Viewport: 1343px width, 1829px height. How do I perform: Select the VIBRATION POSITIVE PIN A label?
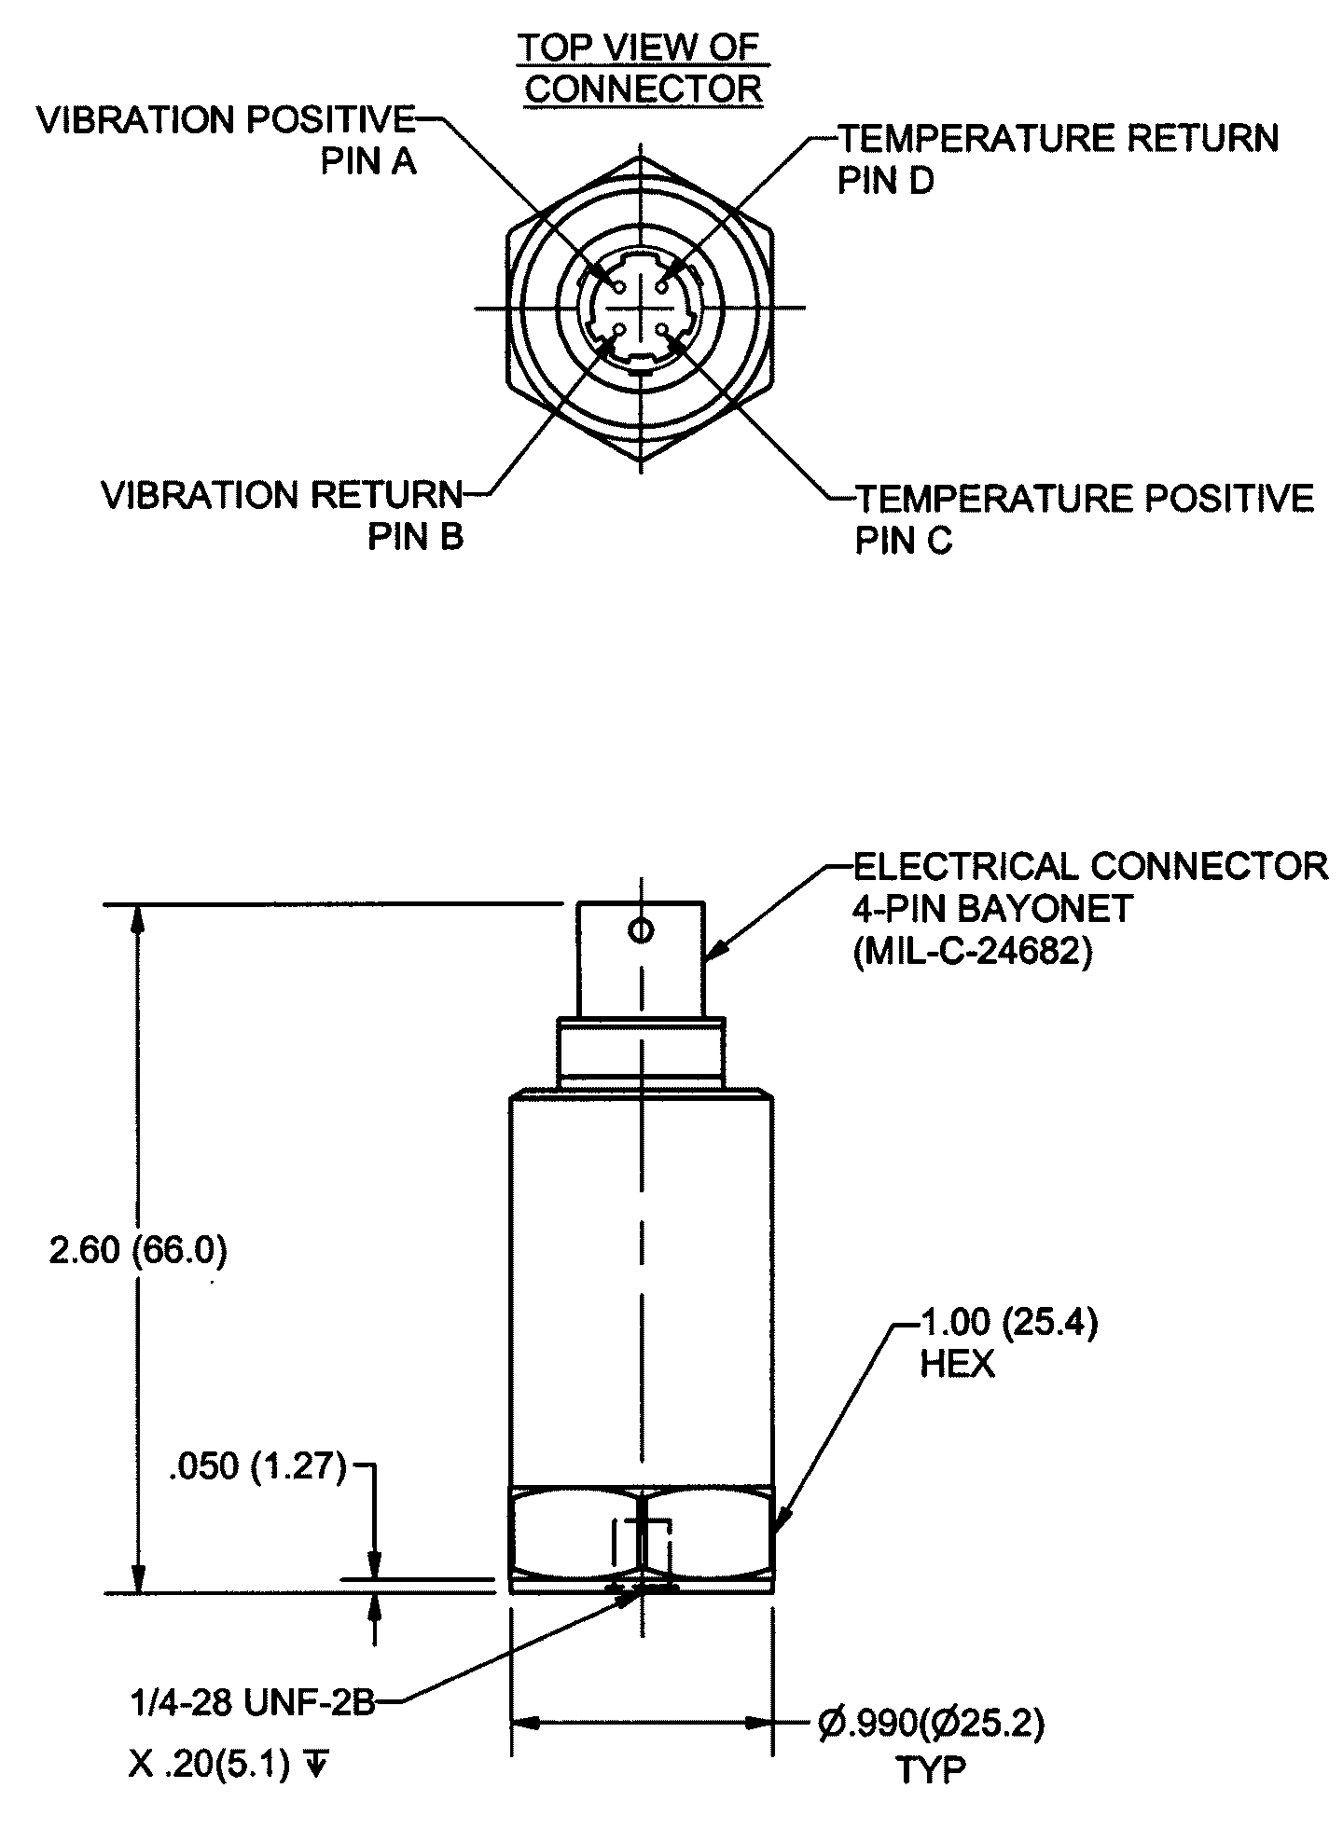(x=226, y=140)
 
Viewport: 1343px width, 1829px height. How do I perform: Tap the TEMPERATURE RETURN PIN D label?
(x=1058, y=158)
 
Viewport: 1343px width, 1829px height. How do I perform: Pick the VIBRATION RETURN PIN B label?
(x=282, y=516)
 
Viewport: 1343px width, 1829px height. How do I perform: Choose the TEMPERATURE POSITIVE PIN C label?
(x=1084, y=518)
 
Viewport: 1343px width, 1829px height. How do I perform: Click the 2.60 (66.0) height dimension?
(x=138, y=1251)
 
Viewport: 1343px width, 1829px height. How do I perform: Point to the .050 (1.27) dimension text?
(x=256, y=1467)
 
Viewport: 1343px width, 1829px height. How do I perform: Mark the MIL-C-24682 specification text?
(x=973, y=955)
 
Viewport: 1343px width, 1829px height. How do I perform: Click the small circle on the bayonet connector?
(x=641, y=930)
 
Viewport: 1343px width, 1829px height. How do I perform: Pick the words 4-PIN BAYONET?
(x=992, y=908)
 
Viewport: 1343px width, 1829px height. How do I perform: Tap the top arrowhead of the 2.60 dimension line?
(x=138, y=920)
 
